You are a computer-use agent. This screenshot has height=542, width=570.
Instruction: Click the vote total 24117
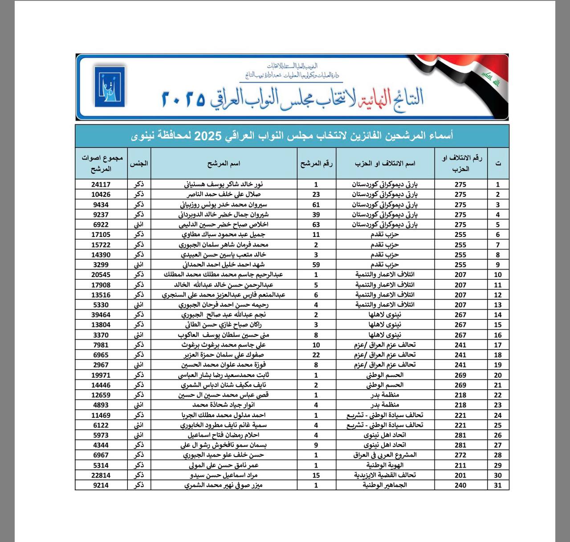101,184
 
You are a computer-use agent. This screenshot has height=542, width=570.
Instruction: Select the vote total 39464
101,315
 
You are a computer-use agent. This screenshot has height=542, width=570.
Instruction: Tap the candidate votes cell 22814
101,475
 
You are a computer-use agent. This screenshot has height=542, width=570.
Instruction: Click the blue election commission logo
110,86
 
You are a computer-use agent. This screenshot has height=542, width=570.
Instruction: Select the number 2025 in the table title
208,136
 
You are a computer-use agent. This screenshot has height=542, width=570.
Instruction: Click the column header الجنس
139,163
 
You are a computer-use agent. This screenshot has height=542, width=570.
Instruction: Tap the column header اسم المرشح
224,163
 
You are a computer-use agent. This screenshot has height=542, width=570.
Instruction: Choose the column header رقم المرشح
316,163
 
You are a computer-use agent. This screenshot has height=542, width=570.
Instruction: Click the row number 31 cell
497,485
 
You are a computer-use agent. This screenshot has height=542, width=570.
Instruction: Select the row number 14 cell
497,315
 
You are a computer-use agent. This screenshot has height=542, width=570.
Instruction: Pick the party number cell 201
460,475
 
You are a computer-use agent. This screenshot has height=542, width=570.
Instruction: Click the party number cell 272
460,455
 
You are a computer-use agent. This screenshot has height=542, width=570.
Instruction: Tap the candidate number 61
316,205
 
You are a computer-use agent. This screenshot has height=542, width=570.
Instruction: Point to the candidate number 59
316,265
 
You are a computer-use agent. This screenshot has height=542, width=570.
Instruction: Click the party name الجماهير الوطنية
385,485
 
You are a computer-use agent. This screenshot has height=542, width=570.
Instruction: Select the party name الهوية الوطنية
385,465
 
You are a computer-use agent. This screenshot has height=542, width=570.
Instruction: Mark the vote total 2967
101,365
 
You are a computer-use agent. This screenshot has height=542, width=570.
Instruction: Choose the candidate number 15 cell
316,475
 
